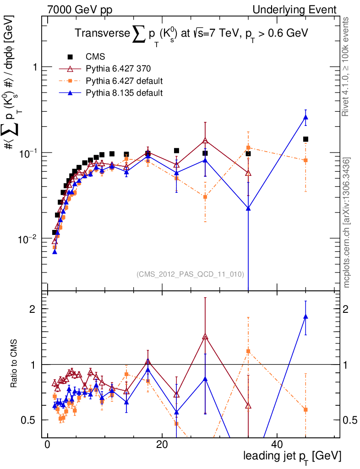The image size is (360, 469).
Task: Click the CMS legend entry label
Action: pos(95,57)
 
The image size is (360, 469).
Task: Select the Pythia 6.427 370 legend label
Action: pos(118,69)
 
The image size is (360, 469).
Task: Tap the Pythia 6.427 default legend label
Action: pos(124,82)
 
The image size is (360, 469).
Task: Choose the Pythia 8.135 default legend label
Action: pos(124,93)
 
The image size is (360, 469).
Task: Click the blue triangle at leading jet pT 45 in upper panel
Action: pos(305,118)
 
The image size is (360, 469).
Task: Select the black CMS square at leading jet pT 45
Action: pos(305,139)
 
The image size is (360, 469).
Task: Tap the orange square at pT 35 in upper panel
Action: pos(248,147)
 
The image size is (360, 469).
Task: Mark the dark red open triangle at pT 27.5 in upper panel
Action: pos(205,141)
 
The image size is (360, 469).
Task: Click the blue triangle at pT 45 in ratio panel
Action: pos(305,316)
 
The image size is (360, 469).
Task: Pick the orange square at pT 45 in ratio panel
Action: pos(305,409)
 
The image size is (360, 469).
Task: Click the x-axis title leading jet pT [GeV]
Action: pos(292,456)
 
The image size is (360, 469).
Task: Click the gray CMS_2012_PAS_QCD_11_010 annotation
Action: pos(190,274)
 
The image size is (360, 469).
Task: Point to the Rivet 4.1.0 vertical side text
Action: pos(346,67)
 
